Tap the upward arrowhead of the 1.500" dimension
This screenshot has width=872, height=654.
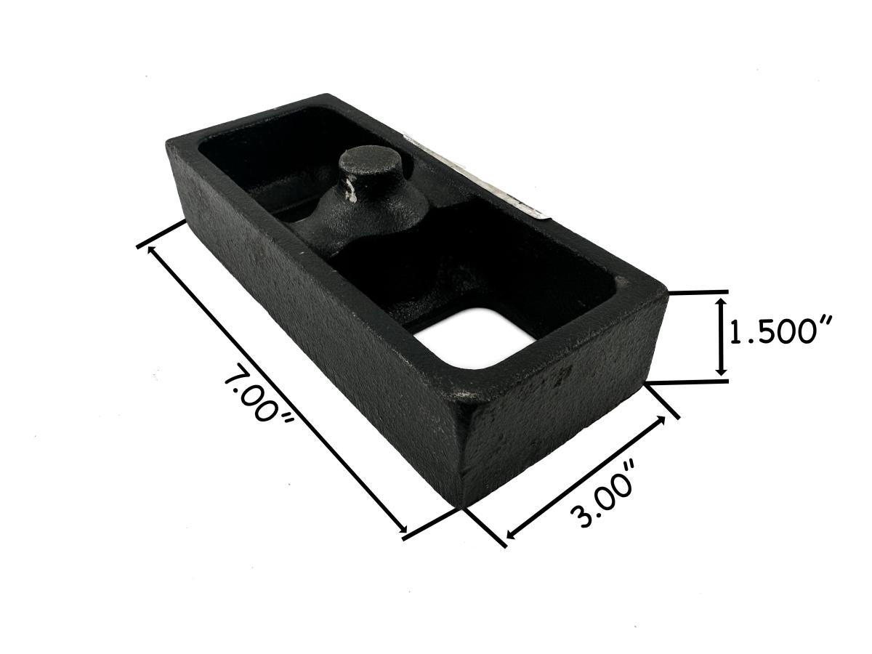pos(721,301)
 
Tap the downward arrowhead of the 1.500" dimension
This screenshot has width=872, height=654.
pos(721,371)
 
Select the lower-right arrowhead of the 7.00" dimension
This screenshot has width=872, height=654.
pos(404,533)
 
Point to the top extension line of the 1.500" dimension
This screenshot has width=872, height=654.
pos(698,292)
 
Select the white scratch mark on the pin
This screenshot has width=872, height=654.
pos(351,191)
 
